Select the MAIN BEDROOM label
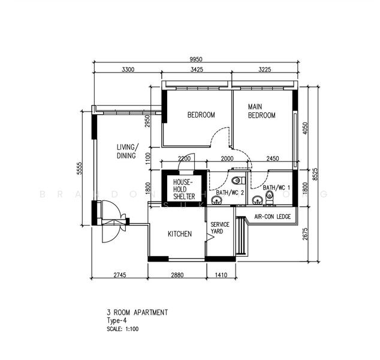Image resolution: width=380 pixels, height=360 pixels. [x=261, y=111]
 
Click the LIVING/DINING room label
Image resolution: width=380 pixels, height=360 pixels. [x=126, y=151]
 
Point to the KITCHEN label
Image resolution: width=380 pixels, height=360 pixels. [x=179, y=234]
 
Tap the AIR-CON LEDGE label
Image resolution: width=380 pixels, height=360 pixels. [x=272, y=217]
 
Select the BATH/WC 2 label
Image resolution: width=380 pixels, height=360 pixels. [x=230, y=193]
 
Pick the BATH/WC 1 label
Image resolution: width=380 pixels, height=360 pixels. [x=276, y=187]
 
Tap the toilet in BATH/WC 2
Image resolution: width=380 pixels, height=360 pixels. [x=236, y=180]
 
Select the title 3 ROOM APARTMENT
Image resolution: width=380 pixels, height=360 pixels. [x=137, y=313]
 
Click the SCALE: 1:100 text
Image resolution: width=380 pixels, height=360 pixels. [x=123, y=329]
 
